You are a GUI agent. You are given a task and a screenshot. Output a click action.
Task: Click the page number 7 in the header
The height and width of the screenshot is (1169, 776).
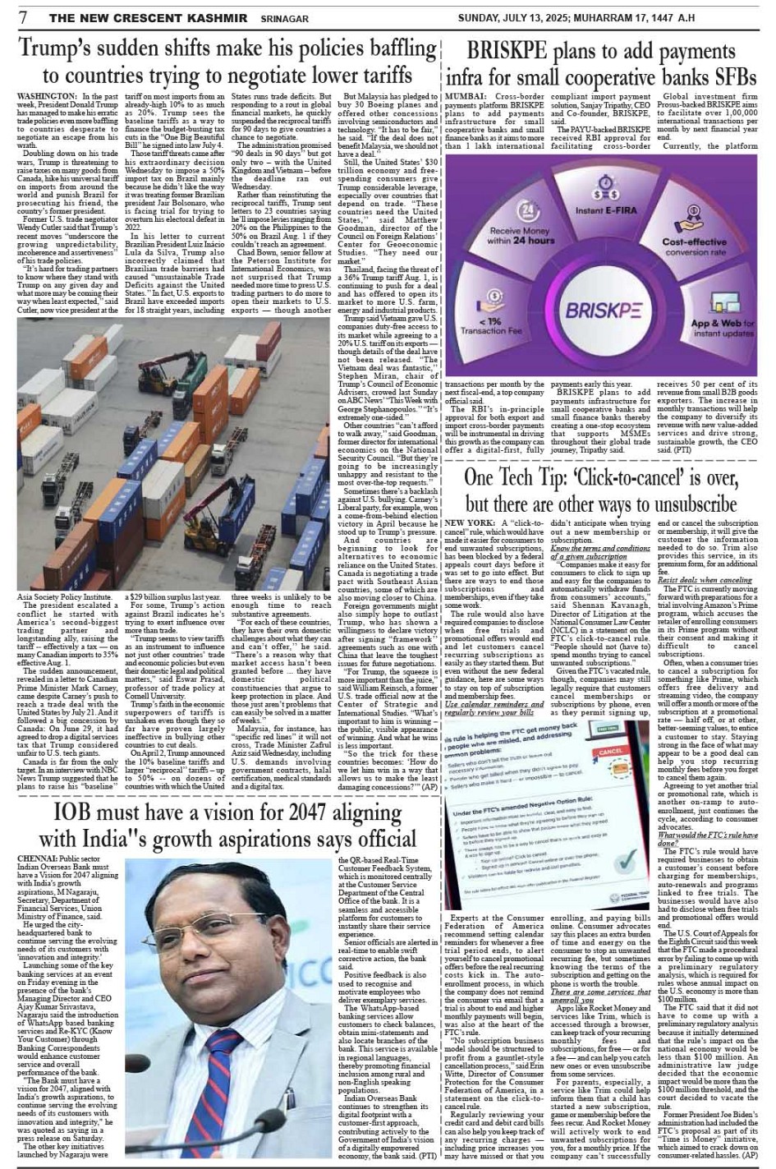(23, 16)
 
